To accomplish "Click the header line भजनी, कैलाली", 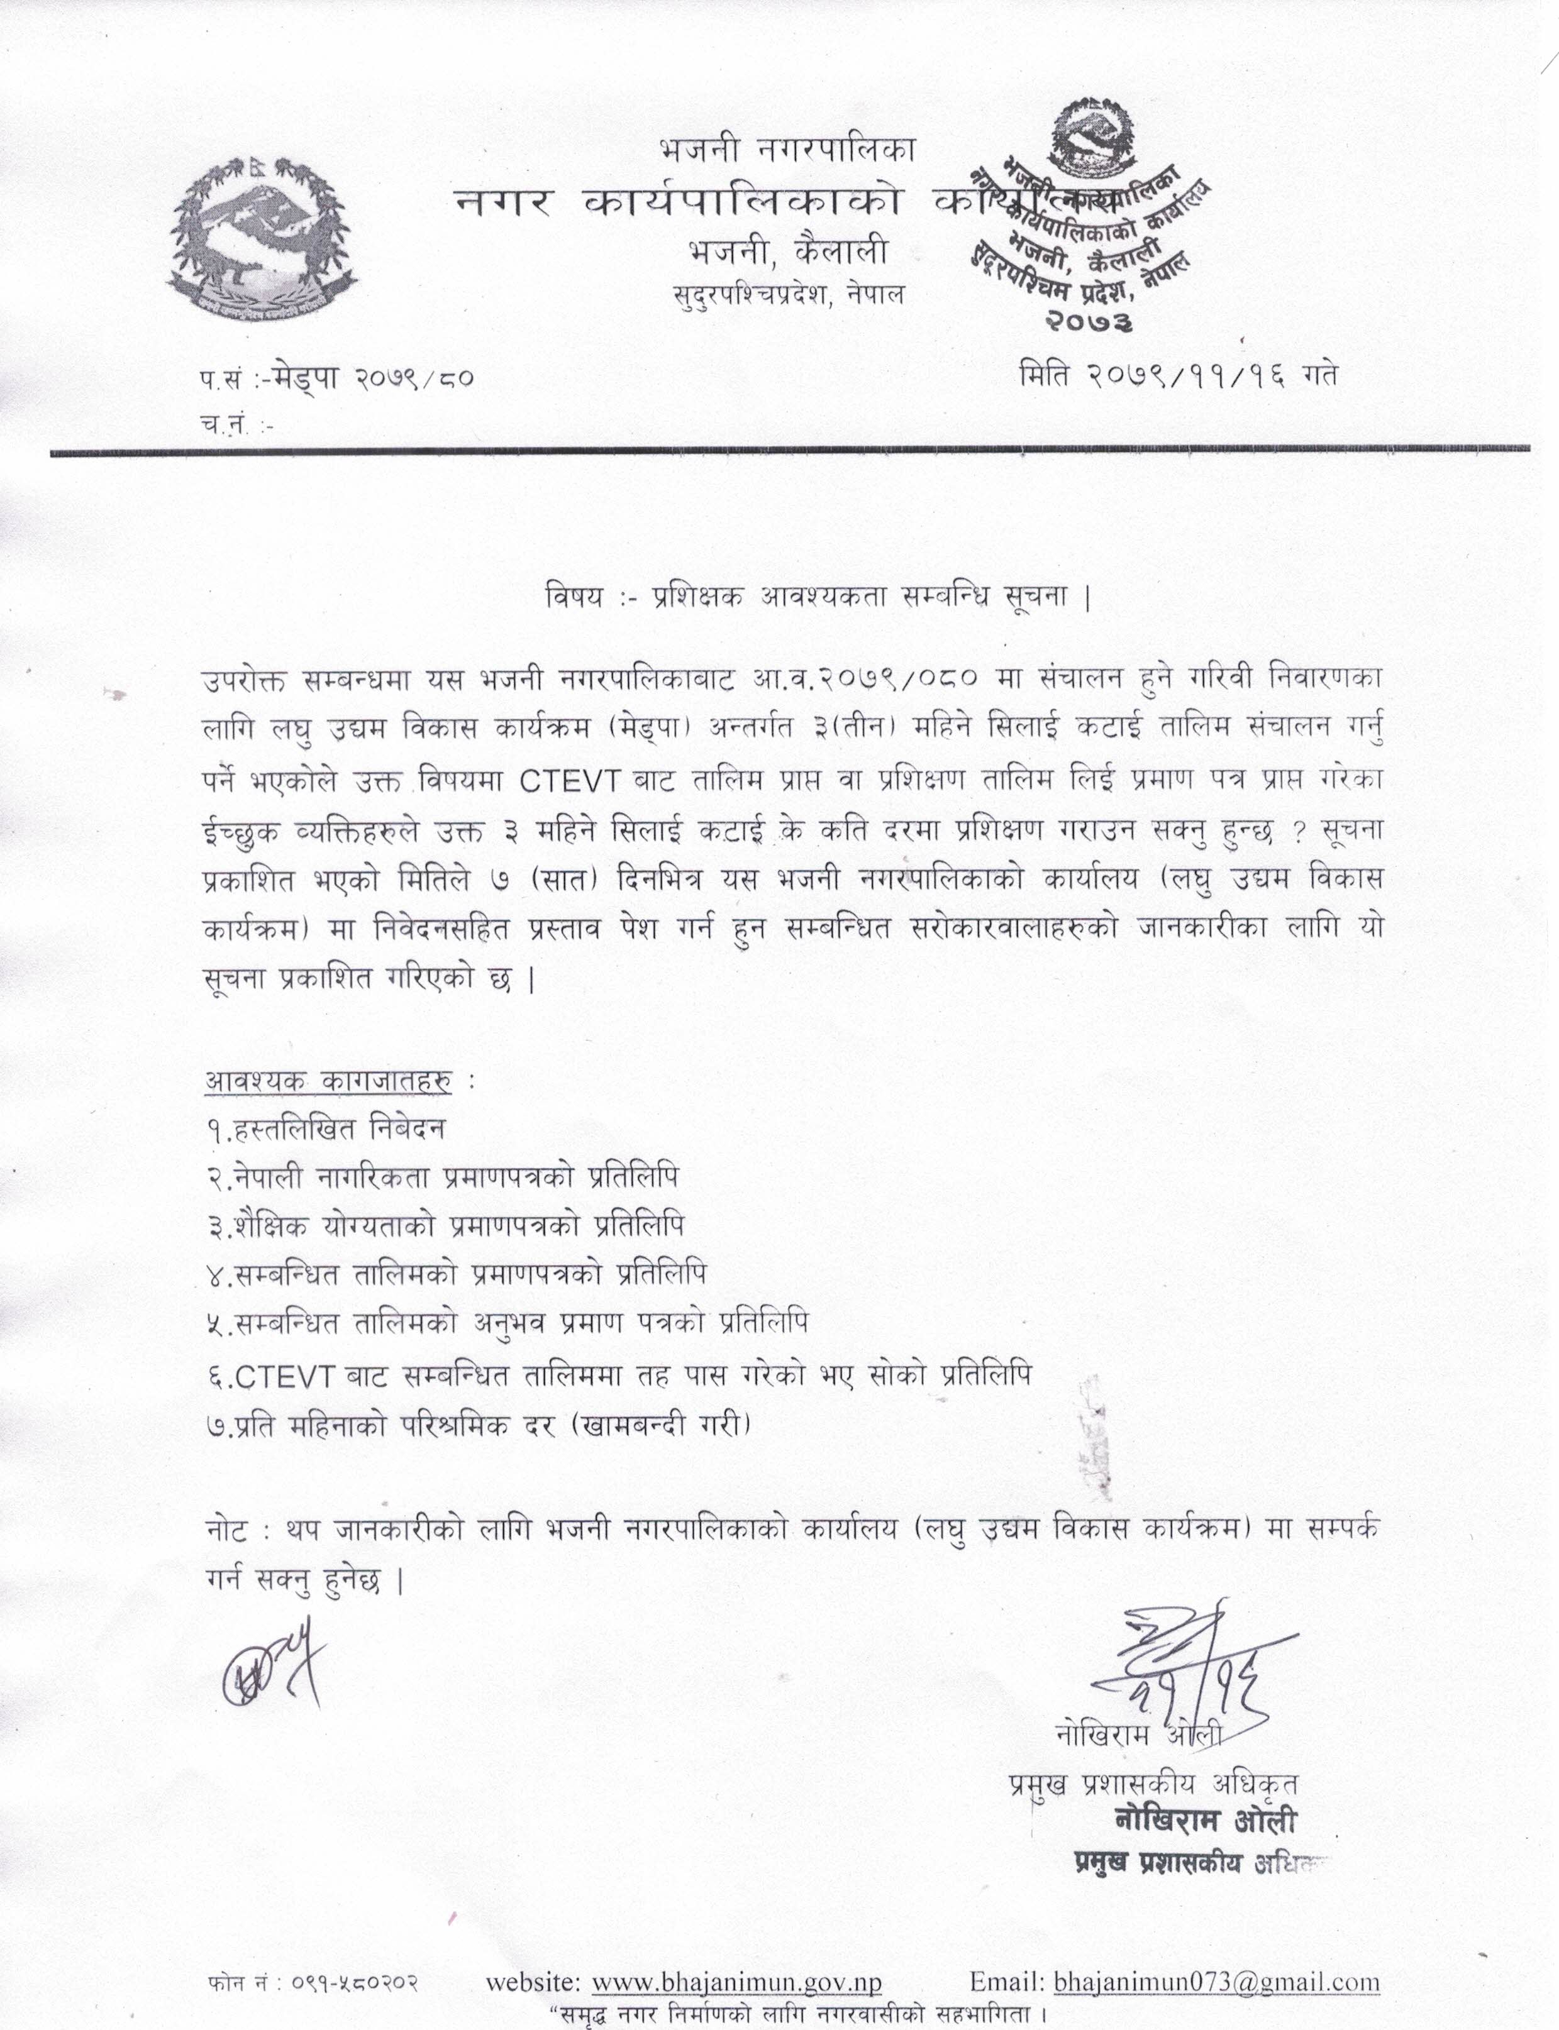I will point(787,251).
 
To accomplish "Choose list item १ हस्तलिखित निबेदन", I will point(326,1129).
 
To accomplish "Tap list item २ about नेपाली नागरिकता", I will point(443,1178).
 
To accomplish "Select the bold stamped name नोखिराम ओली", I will point(1204,1820).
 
